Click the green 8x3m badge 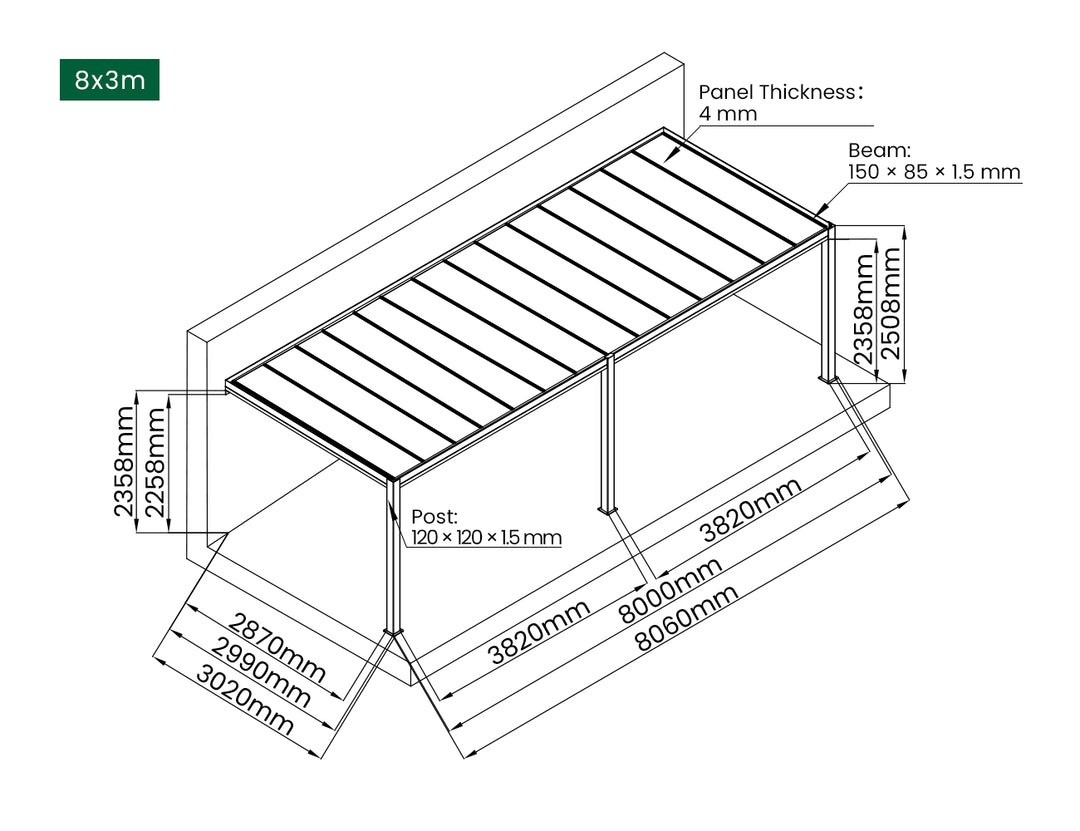coord(110,80)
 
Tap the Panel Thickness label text coord(780,92)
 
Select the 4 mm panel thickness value coord(727,114)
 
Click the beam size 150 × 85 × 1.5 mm coord(934,172)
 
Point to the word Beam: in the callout coord(879,151)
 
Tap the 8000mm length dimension coord(670,591)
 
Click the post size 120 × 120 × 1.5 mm coord(487,538)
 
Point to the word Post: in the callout coord(434,517)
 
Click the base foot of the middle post coord(607,511)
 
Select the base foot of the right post coord(829,378)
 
